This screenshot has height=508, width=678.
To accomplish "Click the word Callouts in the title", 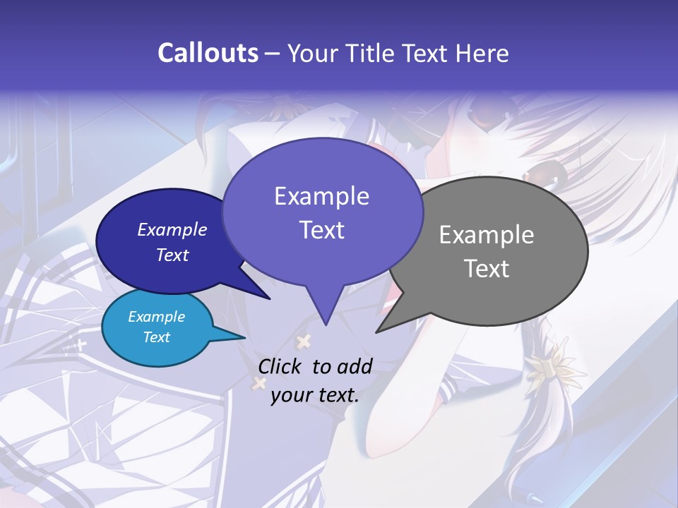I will [208, 53].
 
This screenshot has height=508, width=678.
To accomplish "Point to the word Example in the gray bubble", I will [487, 235].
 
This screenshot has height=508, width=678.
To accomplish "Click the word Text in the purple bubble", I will [322, 230].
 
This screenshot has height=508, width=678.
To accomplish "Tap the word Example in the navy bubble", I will [172, 229].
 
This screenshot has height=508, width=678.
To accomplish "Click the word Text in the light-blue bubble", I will [156, 337].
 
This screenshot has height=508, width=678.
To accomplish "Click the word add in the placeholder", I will [355, 366].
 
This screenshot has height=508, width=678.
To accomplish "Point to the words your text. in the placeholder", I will [315, 395].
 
